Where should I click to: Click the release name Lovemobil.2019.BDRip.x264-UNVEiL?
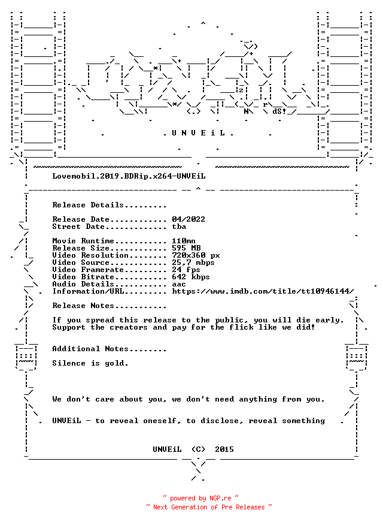(x=129, y=176)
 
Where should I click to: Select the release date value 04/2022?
(x=189, y=219)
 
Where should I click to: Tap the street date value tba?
(x=179, y=227)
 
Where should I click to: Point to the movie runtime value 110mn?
(x=184, y=241)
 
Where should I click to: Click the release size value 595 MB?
(x=186, y=248)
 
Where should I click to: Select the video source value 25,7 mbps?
(x=193, y=262)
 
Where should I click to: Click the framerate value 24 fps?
(x=186, y=270)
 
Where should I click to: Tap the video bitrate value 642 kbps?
(x=191, y=277)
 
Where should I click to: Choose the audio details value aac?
(x=179, y=284)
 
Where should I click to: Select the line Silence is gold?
(x=90, y=363)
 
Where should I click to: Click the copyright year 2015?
(x=224, y=449)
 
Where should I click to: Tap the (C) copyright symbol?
(x=198, y=449)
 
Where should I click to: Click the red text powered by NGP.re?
(x=200, y=498)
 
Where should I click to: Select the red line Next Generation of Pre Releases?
(x=209, y=507)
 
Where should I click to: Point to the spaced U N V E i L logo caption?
(x=198, y=133)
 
